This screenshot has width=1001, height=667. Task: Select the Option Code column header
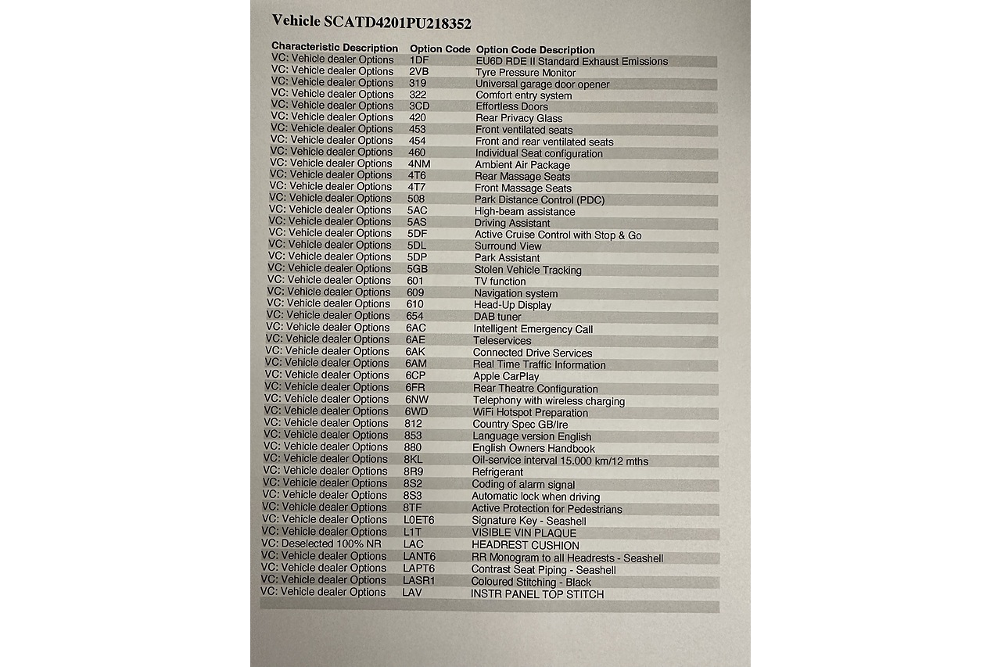[440, 48]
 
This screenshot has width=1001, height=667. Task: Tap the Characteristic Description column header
[335, 47]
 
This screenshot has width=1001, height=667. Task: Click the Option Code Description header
[535, 50]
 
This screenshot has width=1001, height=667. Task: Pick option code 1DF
[419, 60]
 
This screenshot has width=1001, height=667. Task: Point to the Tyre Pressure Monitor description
[526, 73]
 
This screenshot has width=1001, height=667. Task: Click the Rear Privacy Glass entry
[518, 119]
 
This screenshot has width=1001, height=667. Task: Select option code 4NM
[419, 164]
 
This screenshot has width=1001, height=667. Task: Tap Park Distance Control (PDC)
[539, 200]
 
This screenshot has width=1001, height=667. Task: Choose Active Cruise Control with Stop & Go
[558, 235]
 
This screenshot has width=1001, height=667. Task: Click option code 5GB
[417, 269]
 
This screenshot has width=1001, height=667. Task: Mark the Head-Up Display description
[512, 306]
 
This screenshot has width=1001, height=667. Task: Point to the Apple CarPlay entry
[506, 377]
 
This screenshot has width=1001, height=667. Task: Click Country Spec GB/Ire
[520, 425]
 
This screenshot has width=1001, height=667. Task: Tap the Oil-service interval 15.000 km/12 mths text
[560, 461]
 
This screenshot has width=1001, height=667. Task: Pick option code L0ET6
[418, 520]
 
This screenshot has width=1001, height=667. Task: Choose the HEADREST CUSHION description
[525, 546]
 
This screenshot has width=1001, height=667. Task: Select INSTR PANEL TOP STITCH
[537, 594]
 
